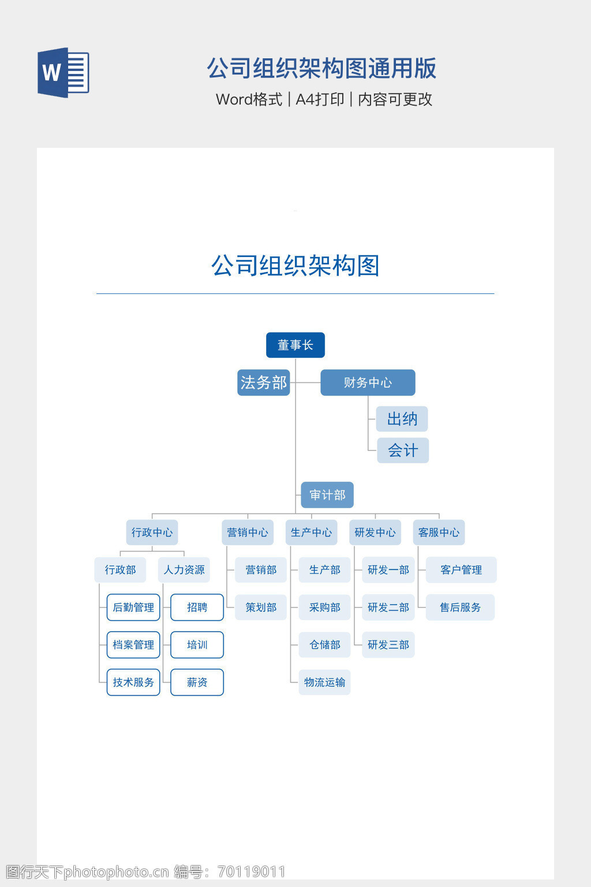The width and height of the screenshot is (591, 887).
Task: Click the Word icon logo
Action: pyautogui.click(x=63, y=73)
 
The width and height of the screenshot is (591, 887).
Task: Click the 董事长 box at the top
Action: pyautogui.click(x=295, y=345)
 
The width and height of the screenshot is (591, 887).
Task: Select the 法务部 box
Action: pyautogui.click(x=263, y=382)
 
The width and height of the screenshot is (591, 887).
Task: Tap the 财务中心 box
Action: pyautogui.click(x=368, y=382)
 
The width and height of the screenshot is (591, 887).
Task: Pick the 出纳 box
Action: pyautogui.click(x=402, y=419)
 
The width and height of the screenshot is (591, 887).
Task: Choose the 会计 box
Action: pyautogui.click(x=402, y=450)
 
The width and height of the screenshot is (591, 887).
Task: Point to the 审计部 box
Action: pyautogui.click(x=327, y=495)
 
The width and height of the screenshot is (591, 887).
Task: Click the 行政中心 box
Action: pyautogui.click(x=152, y=532)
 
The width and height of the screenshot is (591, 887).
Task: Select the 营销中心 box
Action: pyautogui.click(x=248, y=532)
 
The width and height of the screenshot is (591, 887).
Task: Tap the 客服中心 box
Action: pyautogui.click(x=439, y=532)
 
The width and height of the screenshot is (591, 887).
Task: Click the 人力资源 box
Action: pyautogui.click(x=184, y=570)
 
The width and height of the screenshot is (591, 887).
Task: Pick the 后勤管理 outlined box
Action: pyautogui.click(x=133, y=608)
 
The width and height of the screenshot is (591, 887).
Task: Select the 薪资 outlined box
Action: pyautogui.click(x=197, y=683)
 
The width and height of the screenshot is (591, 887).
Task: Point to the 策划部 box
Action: pyautogui.click(x=261, y=608)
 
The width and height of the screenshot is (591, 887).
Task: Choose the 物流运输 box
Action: pyautogui.click(x=324, y=683)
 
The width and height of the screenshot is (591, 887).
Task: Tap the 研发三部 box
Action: pyautogui.click(x=388, y=645)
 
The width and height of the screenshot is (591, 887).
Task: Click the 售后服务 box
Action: pyautogui.click(x=460, y=608)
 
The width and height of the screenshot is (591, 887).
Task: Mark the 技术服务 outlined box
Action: pyautogui.click(x=133, y=683)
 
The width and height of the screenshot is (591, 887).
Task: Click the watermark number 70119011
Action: pyautogui.click(x=252, y=871)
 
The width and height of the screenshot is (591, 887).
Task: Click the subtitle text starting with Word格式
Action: pyautogui.click(x=324, y=99)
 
